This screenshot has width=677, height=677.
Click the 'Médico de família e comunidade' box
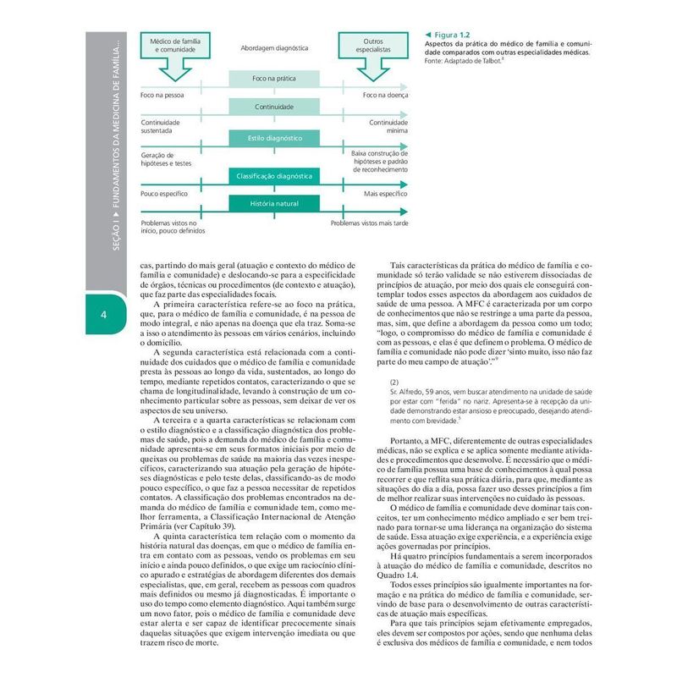pyautogui.click(x=175, y=46)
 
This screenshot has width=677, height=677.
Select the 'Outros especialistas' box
pyautogui.click(x=372, y=46)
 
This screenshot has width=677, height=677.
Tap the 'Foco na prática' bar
pyautogui.click(x=273, y=79)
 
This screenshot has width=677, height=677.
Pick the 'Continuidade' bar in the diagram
pyautogui.click(x=273, y=107)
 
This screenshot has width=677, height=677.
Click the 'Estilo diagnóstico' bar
pyautogui.click(x=273, y=137)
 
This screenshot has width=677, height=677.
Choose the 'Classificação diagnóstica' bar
pyautogui.click(x=273, y=176)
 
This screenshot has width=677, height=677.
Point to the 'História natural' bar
pyautogui.click(x=273, y=204)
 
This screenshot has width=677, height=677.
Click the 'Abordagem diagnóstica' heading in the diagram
pyautogui.click(x=273, y=49)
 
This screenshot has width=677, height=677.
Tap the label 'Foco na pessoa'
pyautogui.click(x=162, y=95)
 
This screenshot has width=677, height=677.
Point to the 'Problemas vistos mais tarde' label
pyautogui.click(x=369, y=223)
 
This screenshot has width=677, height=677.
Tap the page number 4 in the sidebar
pyautogui.click(x=102, y=316)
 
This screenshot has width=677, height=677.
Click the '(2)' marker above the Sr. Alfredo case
pyautogui.click(x=394, y=382)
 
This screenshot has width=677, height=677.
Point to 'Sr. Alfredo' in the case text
pyautogui.click(x=406, y=393)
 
